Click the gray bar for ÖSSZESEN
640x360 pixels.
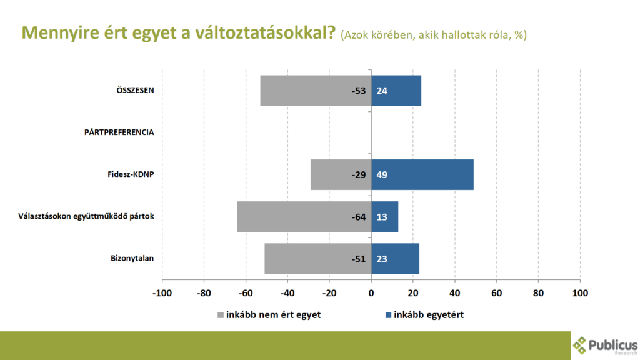[316, 91]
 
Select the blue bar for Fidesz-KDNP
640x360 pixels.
[422, 175]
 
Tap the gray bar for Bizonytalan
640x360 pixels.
[318, 259]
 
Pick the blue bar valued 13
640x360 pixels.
[385, 217]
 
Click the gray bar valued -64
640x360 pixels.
[304, 217]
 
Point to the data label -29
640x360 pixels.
[359, 175]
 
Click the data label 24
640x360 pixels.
[382, 91]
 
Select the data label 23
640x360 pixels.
[382, 259]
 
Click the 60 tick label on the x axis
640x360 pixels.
[497, 293]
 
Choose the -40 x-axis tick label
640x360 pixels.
[287, 293]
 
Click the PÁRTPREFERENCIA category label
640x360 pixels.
[119, 132]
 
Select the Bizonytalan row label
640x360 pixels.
[132, 258]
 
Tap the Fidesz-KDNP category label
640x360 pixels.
[131, 174]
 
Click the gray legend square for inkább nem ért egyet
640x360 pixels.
[221, 315]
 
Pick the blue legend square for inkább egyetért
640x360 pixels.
[389, 315]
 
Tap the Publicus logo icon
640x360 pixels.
[579, 345]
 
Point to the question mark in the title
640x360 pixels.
[331, 32]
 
